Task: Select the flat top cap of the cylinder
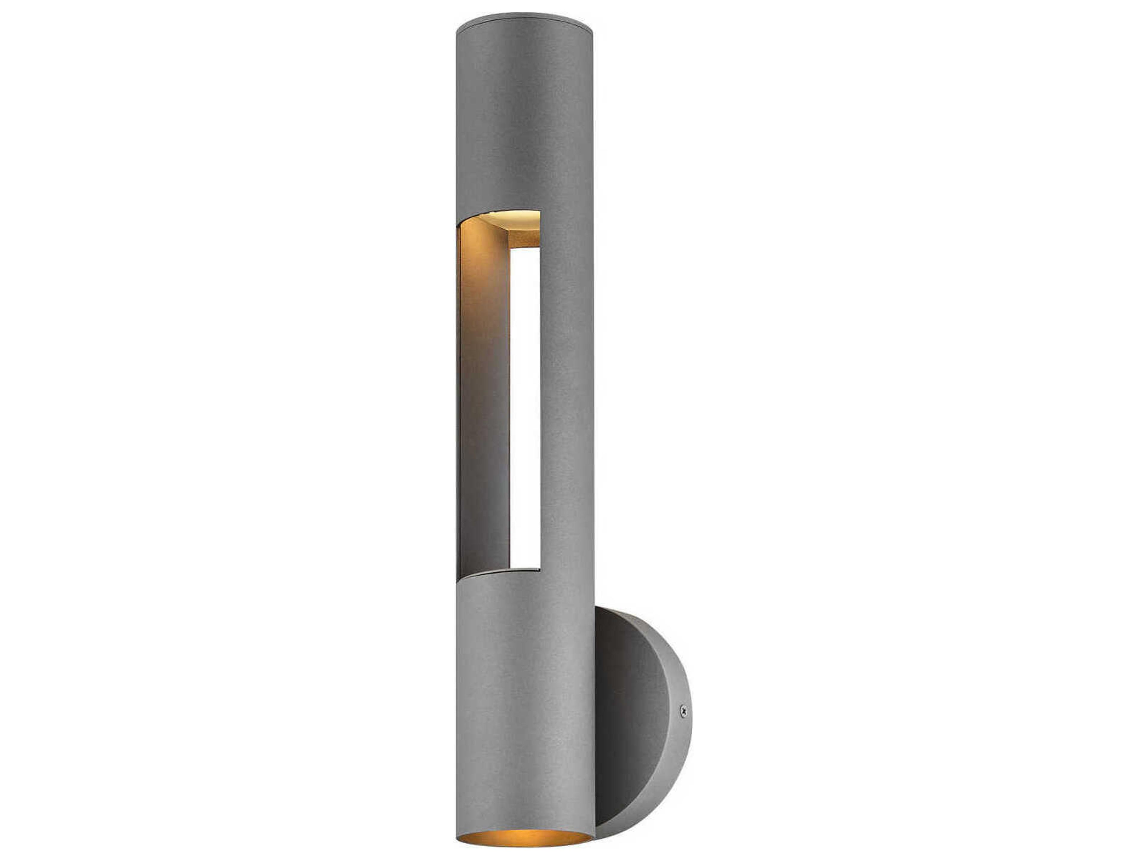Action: pos(524,22)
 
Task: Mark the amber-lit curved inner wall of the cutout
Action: pos(483,291)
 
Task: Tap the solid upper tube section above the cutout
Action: pos(524,119)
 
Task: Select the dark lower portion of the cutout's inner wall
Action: pos(483,493)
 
